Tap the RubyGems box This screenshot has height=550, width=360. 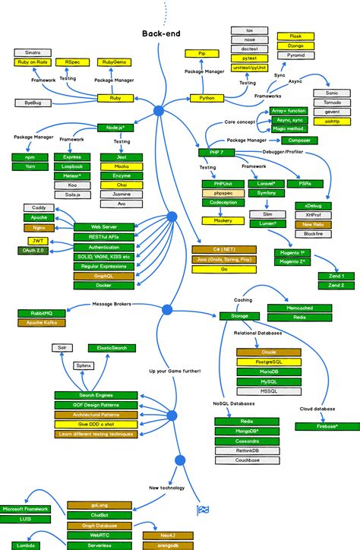[119, 62]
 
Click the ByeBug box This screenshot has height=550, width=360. [33, 102]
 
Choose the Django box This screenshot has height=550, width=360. [295, 46]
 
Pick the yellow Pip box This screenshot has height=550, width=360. [202, 54]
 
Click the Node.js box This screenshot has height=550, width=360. [115, 127]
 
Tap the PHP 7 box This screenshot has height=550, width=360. [209, 152]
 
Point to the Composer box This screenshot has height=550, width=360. [298, 141]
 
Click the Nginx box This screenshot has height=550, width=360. [40, 227]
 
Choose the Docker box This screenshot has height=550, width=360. [105, 285]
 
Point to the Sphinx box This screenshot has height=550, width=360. [84, 365]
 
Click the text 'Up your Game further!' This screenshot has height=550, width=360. [175, 371]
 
